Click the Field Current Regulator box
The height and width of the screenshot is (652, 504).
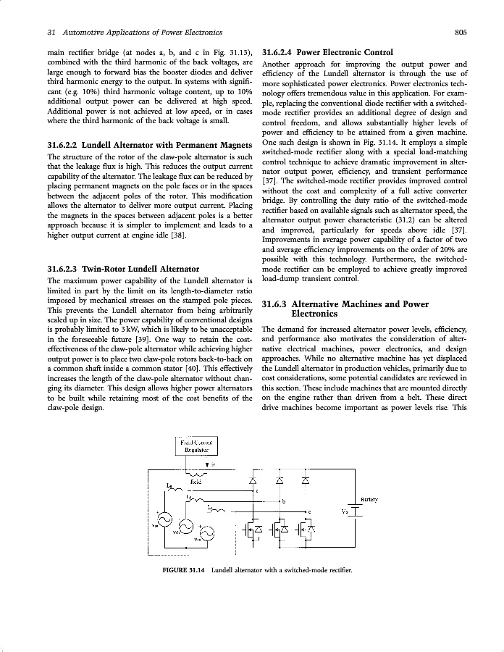point(198,445)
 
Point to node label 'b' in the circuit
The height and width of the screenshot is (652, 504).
point(283,502)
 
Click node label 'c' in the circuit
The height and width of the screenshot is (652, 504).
point(310,513)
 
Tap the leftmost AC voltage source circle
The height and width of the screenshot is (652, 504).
point(164,520)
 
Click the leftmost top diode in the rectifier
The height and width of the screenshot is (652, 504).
point(253,480)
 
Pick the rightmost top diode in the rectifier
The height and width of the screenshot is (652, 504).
point(305,480)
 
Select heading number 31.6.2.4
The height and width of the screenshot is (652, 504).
point(276,52)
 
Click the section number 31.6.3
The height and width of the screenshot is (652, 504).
point(274,304)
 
